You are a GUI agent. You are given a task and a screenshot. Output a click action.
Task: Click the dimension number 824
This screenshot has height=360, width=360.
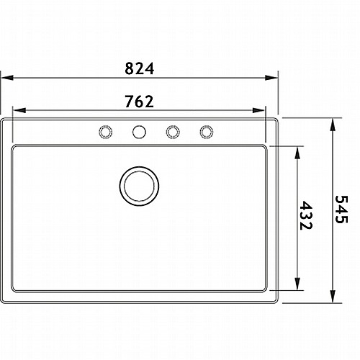coord(139,68)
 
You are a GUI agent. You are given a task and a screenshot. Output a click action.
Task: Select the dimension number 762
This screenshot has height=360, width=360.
coord(139,102)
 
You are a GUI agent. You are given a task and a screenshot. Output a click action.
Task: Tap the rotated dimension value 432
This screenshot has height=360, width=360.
coord(306,215)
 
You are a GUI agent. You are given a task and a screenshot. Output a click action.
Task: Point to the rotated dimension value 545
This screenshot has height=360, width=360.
coord(341,210)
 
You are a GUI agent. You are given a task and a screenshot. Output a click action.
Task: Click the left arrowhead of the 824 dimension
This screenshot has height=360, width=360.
coord(6,78)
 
